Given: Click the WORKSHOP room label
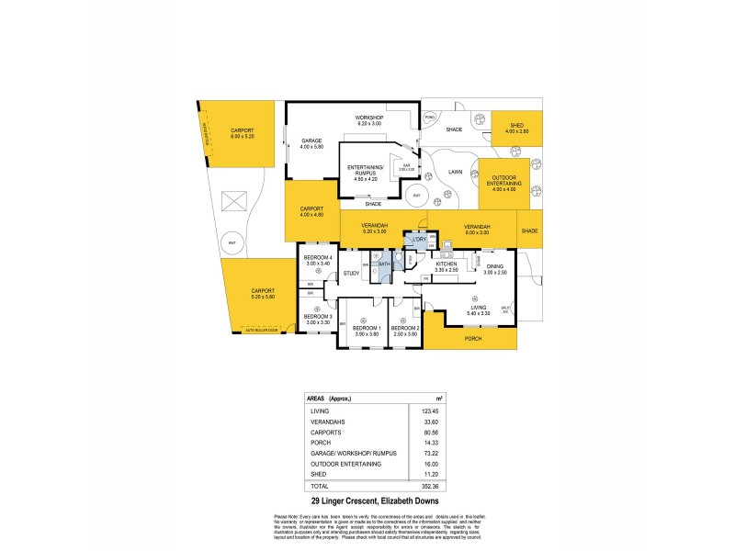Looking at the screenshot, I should coord(368,118).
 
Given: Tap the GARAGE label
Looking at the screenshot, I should coord(310,141).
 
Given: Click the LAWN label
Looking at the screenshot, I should coord(454,172).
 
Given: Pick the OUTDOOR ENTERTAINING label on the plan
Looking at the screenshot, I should coord(506,180).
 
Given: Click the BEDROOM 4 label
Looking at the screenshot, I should coord(316,258).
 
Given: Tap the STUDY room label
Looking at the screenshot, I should coord(351,273).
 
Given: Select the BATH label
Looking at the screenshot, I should coord(385,264).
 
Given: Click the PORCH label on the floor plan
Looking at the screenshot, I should coord(473,338).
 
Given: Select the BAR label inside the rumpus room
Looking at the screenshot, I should coord(405,165).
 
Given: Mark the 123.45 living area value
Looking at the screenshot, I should coord(431,413).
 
